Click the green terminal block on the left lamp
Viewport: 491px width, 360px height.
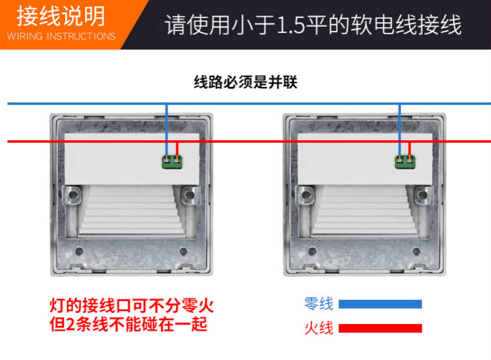pyautogui.click(x=172, y=162)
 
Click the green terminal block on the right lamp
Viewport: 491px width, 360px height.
pyautogui.click(x=405, y=162)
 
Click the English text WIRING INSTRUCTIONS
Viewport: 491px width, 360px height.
pyautogui.click(x=61, y=37)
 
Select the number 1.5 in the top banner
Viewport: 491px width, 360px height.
pyautogui.click(x=291, y=25)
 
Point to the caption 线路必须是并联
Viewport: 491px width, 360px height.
pyautogui.click(x=245, y=82)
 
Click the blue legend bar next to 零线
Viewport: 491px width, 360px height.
pyautogui.click(x=380, y=304)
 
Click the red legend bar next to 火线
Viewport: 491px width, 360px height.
pyautogui.click(x=380, y=328)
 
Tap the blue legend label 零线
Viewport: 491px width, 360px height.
pyautogui.click(x=319, y=304)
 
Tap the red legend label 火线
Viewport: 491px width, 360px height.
pyautogui.click(x=319, y=328)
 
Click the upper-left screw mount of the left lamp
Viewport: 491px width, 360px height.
pyautogui.click(x=73, y=195)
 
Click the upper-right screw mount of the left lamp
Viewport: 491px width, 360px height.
pyautogui.click(x=189, y=195)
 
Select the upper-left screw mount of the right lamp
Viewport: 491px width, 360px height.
pyautogui.click(x=306, y=195)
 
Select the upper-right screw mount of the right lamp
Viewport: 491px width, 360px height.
pyautogui.click(x=423, y=195)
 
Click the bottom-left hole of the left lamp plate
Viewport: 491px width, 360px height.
pyautogui.click(x=79, y=251)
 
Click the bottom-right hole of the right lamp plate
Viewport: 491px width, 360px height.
pyautogui.click(x=416, y=251)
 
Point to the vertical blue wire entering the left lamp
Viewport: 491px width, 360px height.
pyautogui.click(x=166, y=130)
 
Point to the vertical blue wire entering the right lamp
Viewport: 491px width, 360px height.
pyautogui.click(x=399, y=130)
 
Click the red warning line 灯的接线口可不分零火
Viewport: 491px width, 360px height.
pyautogui.click(x=131, y=305)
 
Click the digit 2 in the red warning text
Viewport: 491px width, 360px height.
pyautogui.click(x=70, y=325)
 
